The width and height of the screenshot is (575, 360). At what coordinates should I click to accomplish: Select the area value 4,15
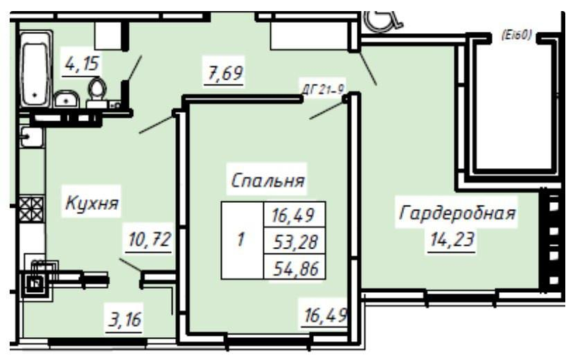point(82,64)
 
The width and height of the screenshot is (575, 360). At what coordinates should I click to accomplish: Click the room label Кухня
point(93,204)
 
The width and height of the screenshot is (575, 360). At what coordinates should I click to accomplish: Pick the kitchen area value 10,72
point(149,240)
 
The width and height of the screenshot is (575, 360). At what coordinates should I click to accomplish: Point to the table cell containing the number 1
point(240,242)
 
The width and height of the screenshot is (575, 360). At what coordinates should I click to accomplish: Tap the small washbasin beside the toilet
point(66,100)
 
